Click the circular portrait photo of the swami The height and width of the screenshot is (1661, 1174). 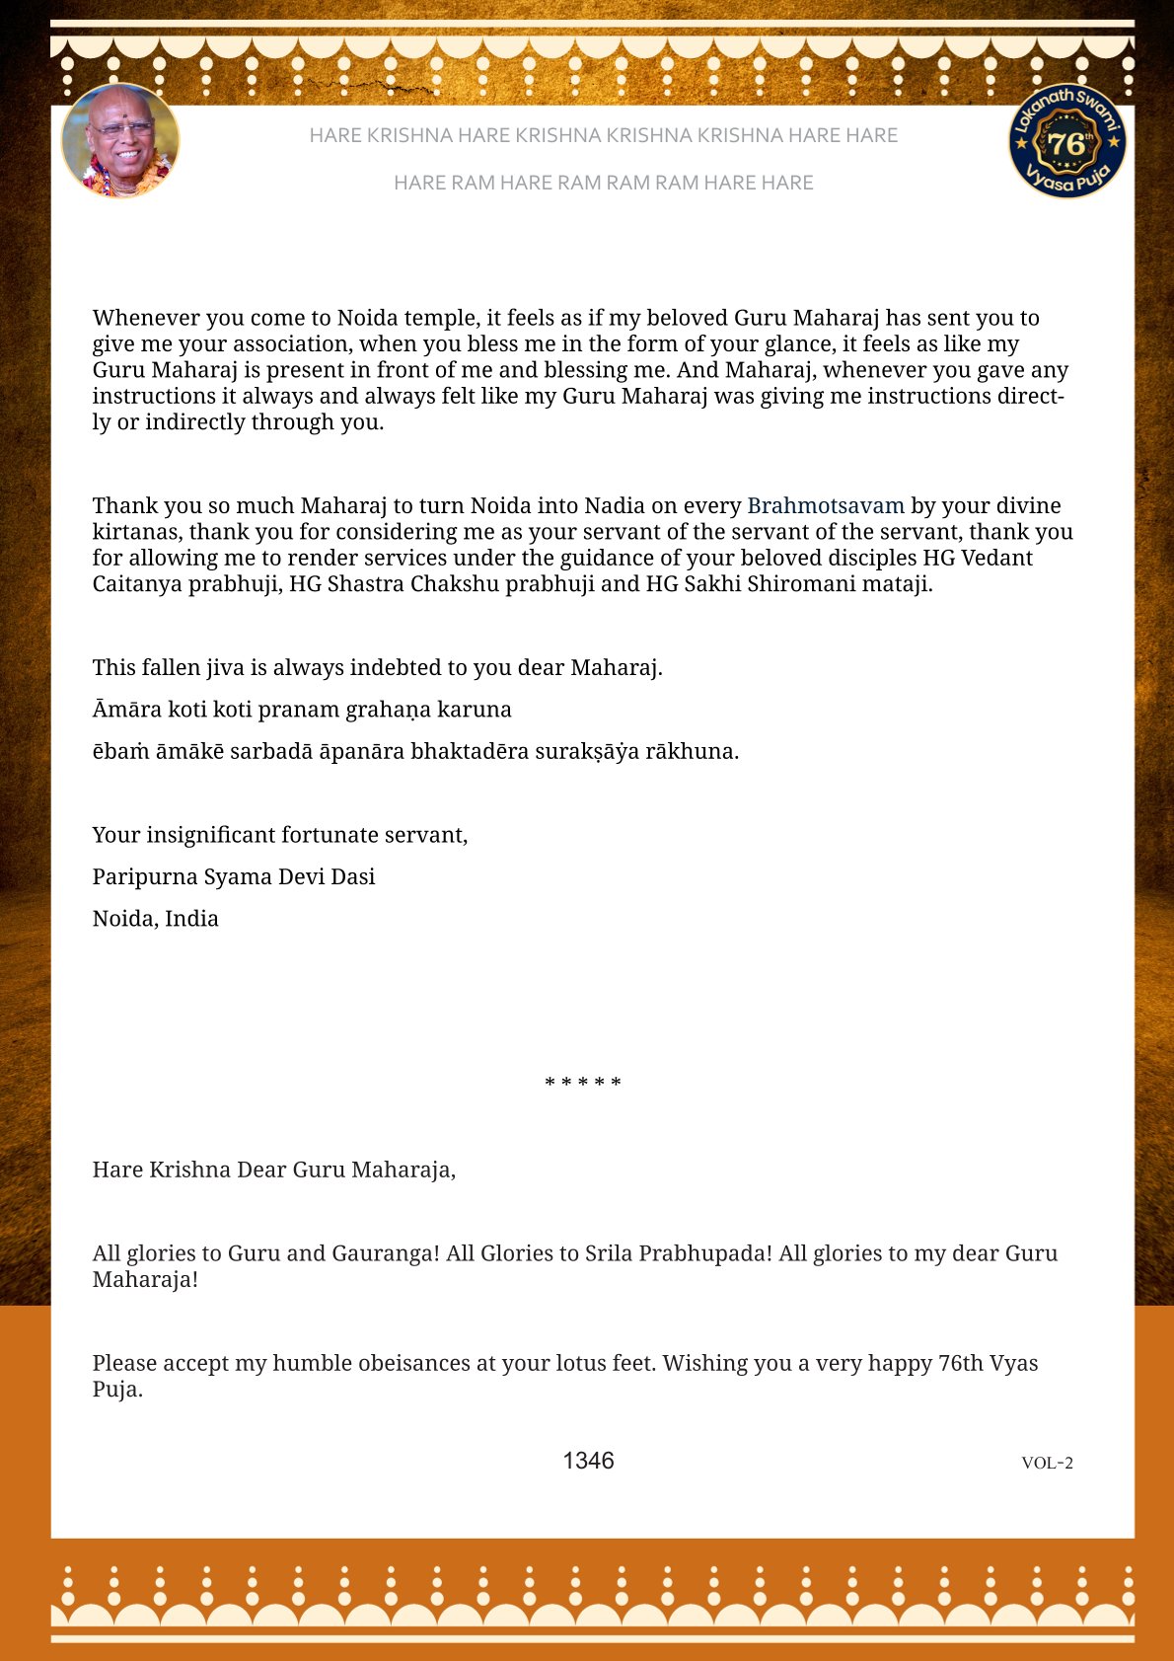tap(120, 141)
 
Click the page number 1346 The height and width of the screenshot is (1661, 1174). tap(588, 1461)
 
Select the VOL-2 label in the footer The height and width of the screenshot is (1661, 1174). tap(1047, 1463)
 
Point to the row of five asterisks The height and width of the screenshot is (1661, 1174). tap(583, 1083)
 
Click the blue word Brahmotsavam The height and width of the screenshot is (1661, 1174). tap(825, 505)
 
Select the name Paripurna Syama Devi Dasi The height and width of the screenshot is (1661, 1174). tap(234, 876)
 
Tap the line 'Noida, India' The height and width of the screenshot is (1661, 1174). tap(156, 918)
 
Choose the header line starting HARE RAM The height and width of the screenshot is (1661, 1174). tap(603, 183)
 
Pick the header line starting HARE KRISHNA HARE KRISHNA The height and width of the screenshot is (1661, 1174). tap(603, 135)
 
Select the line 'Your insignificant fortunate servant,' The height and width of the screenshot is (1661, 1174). tap(280, 835)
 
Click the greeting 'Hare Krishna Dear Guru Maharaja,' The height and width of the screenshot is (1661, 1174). tap(274, 1170)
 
